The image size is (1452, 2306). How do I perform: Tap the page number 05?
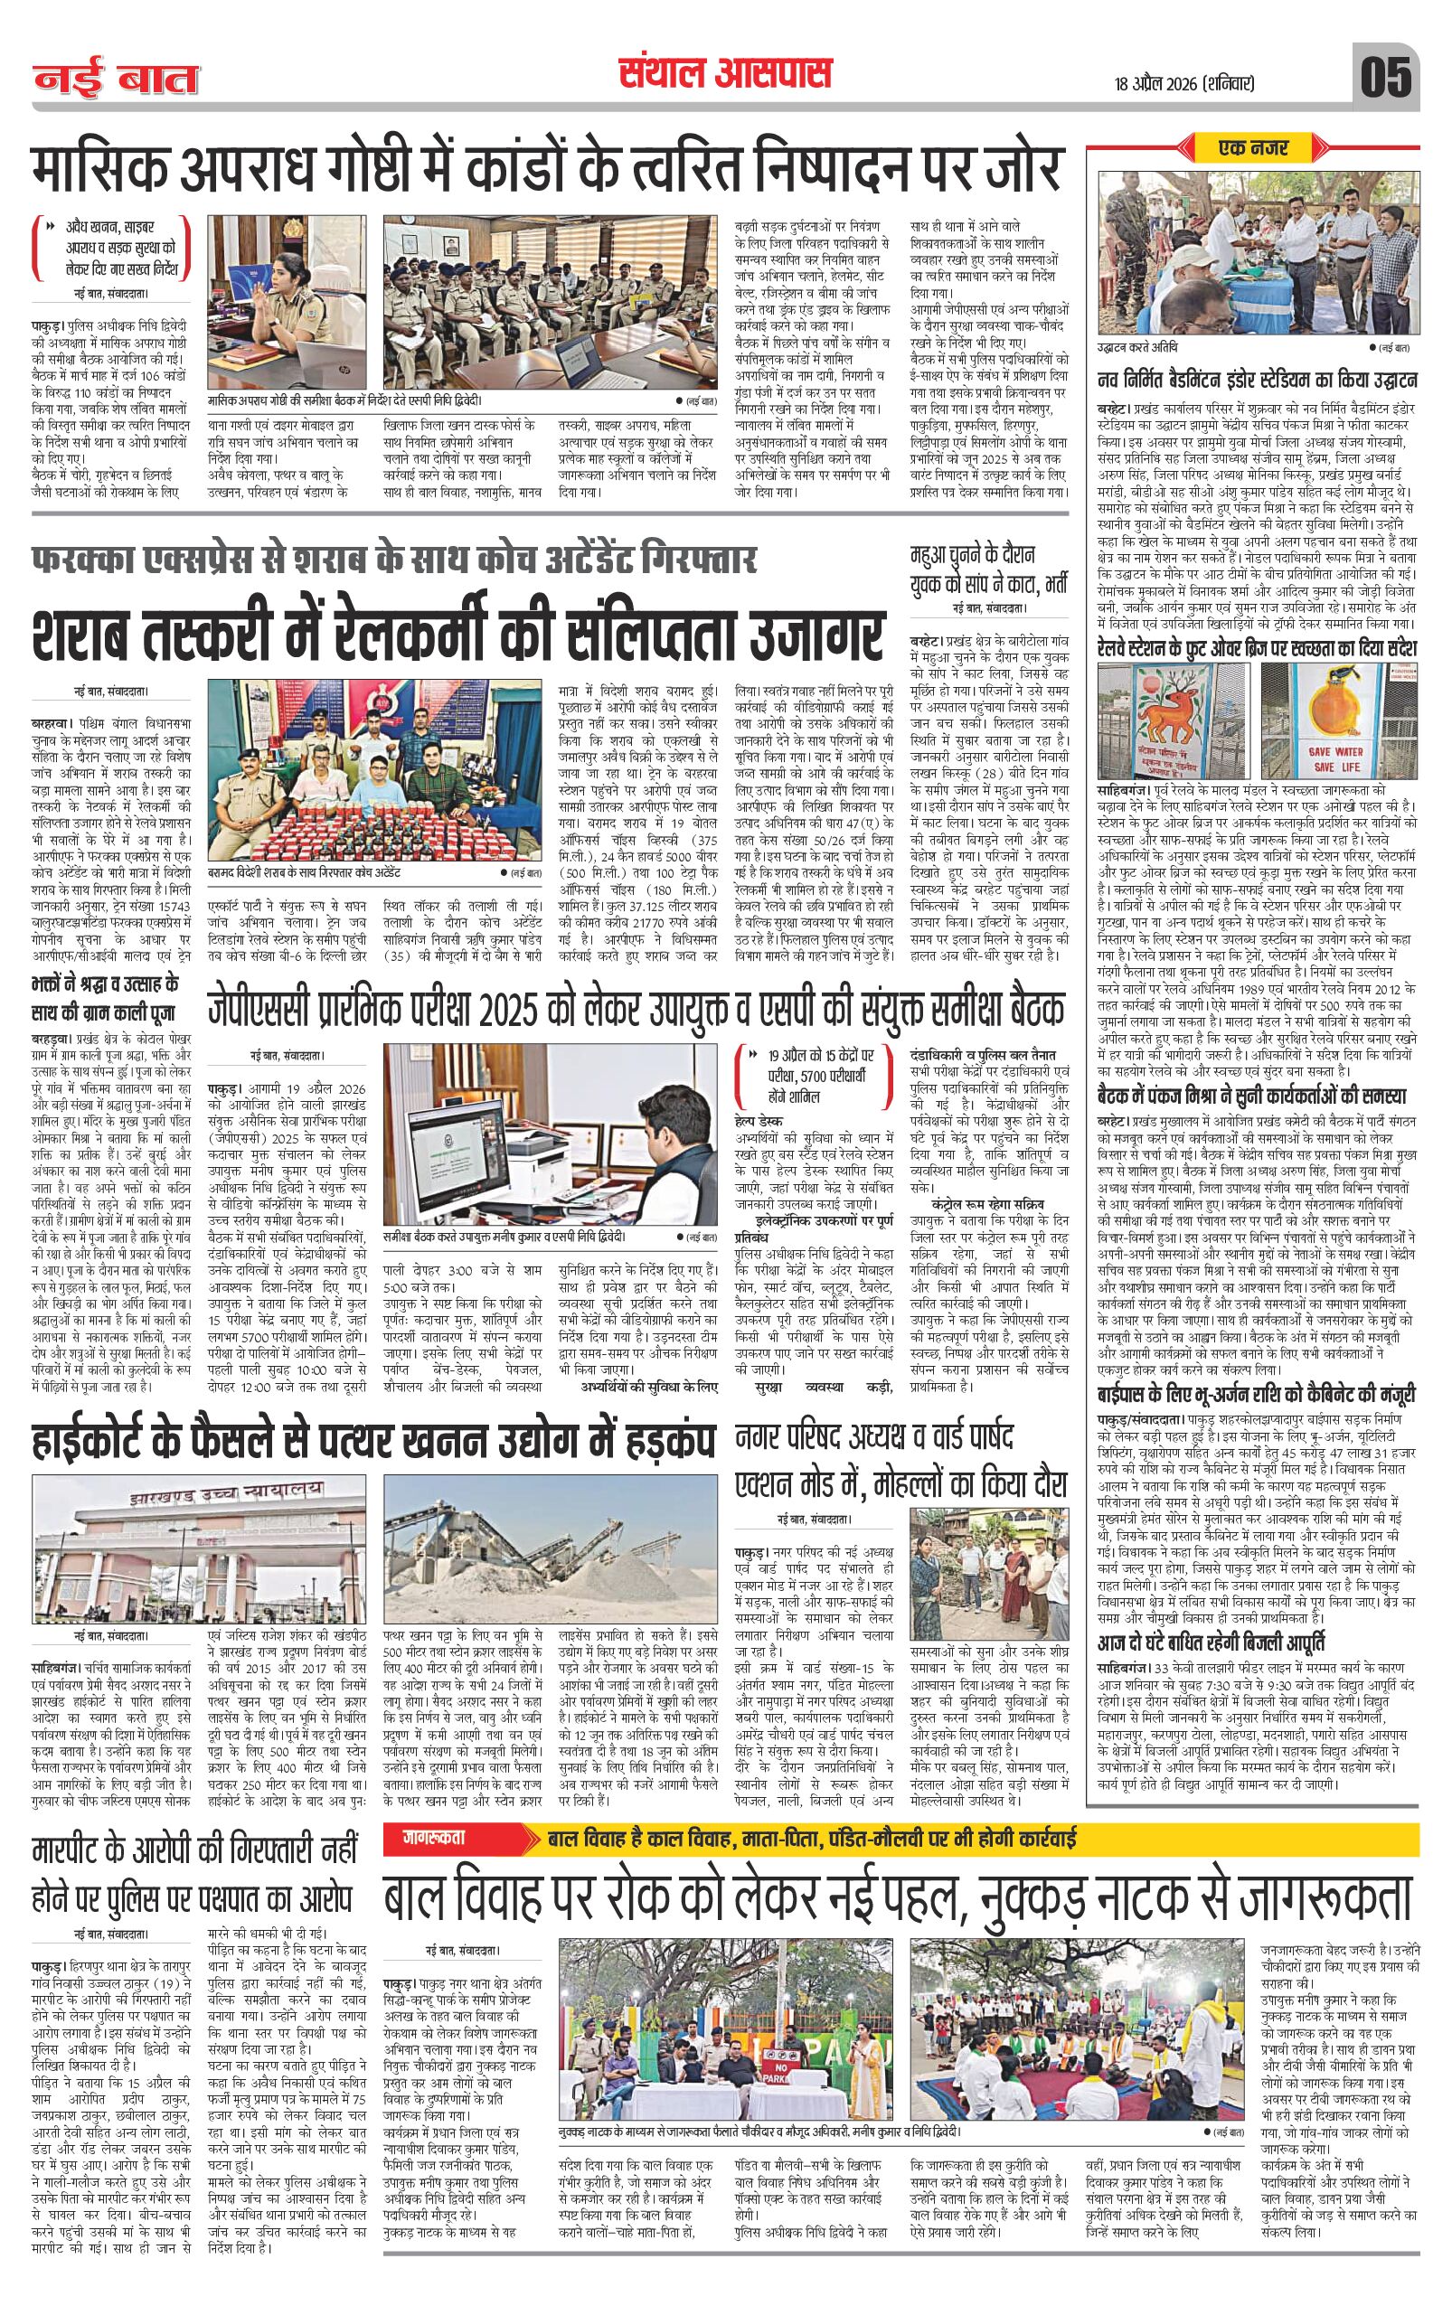pyautogui.click(x=1386, y=77)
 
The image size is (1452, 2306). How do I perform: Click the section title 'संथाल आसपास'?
pyautogui.click(x=725, y=74)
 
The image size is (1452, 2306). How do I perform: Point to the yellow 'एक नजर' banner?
pyautogui.click(x=1254, y=147)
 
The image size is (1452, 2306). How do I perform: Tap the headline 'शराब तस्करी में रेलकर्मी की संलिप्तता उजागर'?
pyautogui.click(x=456, y=632)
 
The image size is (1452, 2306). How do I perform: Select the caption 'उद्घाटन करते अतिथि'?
pyautogui.click(x=1139, y=346)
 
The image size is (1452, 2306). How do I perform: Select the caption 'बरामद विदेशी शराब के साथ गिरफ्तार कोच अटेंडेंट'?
pyautogui.click(x=307, y=873)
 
